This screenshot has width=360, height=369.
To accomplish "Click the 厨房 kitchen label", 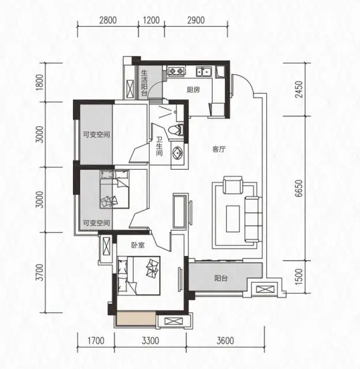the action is [193, 90].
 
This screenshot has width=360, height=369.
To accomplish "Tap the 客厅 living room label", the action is [219, 149].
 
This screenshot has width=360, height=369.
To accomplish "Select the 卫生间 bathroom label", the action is [159, 146].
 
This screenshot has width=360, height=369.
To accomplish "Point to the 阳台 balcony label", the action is [221, 278].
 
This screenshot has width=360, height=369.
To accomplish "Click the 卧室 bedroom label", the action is [138, 245].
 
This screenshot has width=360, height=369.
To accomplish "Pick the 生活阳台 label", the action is [144, 83].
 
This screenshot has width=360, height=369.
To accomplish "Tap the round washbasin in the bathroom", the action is [177, 153].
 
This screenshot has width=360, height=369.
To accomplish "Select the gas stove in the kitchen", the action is [176, 71].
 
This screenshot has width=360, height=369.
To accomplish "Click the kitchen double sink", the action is [204, 72].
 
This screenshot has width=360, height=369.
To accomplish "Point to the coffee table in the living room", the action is [233, 219].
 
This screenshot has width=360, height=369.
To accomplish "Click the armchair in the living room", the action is [233, 185].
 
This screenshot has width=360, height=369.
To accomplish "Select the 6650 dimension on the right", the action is [298, 189].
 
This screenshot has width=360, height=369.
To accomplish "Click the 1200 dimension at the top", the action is [151, 20].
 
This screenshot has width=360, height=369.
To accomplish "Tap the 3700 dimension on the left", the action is [41, 272].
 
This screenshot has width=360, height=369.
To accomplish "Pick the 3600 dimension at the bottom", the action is [226, 340].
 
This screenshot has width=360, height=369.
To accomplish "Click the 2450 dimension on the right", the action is [298, 90].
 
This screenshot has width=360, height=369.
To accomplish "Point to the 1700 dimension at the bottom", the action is [96, 340].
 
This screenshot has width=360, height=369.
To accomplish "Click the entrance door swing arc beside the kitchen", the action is [246, 82].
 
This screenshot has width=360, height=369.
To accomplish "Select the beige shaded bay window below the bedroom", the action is [135, 319].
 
